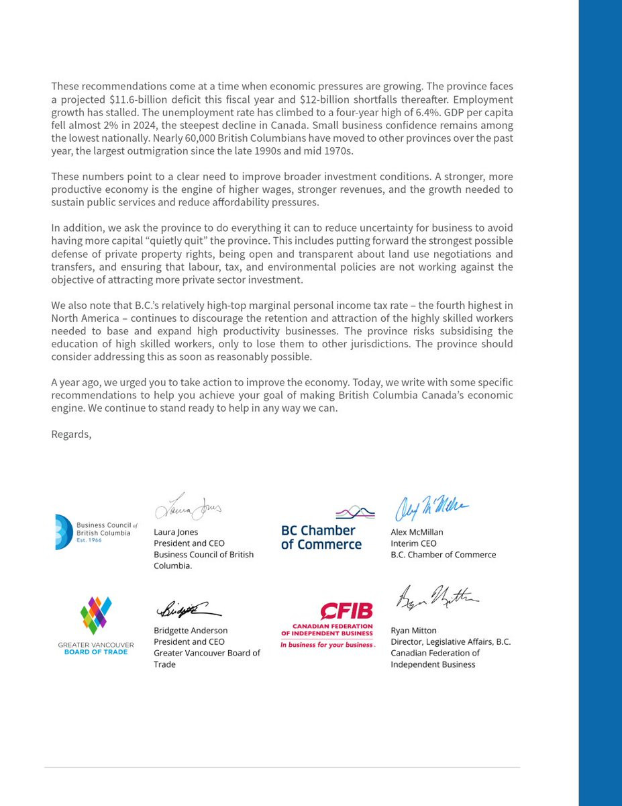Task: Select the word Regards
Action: [x=70, y=434]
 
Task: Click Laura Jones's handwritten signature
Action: [x=188, y=507]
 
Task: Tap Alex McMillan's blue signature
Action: [x=431, y=508]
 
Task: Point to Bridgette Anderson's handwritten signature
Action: [x=188, y=611]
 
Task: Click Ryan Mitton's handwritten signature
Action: [x=437, y=597]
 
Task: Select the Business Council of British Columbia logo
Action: [x=96, y=532]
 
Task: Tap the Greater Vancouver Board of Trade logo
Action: [x=96, y=625]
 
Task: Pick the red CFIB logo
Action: [x=327, y=625]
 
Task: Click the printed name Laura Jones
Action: [x=176, y=532]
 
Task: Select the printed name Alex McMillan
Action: [x=417, y=532]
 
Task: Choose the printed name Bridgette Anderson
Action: [x=191, y=631]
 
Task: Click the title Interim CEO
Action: [x=413, y=543]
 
